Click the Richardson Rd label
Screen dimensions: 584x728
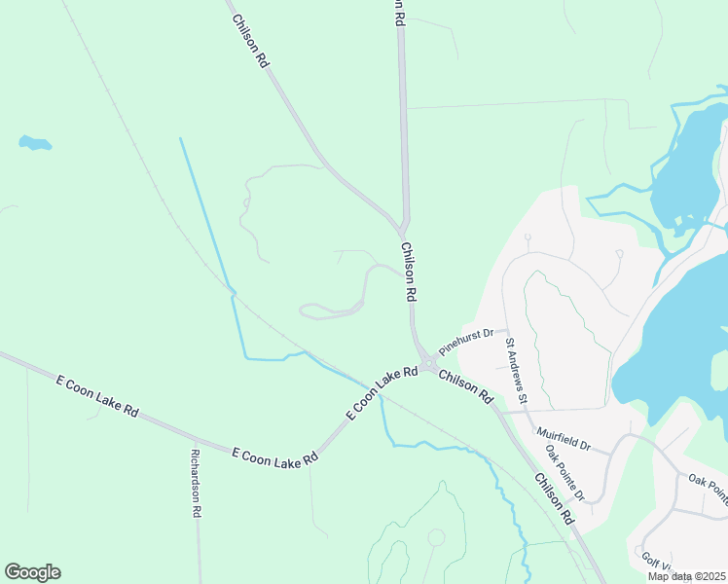point(196,483)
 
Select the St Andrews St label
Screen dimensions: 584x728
point(515,370)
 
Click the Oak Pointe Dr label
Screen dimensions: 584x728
point(565,473)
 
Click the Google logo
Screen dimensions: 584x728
point(32,572)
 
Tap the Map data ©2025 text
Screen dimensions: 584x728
point(686,576)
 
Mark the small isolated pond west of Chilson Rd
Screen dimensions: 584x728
point(35,144)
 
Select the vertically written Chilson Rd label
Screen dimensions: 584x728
point(410,272)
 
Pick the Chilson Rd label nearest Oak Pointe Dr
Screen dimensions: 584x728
point(552,495)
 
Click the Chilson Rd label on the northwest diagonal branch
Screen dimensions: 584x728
point(250,41)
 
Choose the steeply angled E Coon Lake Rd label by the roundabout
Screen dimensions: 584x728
point(375,393)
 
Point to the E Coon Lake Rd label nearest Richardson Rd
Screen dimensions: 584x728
point(275,456)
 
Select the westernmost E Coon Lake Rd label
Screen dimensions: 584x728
point(97,396)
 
